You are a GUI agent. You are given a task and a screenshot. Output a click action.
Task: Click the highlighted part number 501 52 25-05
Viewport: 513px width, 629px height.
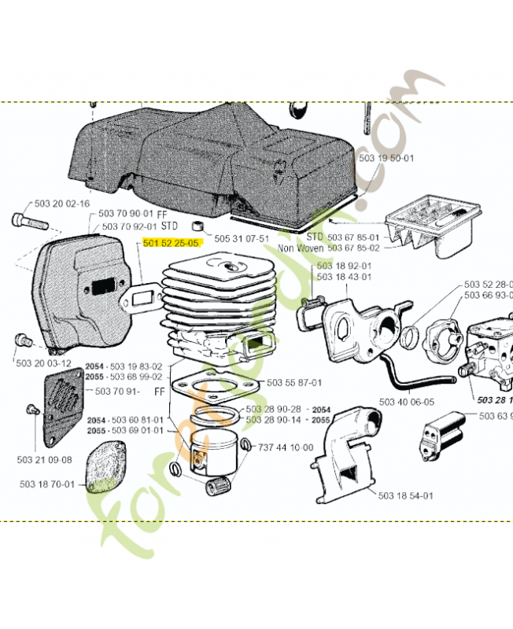171,244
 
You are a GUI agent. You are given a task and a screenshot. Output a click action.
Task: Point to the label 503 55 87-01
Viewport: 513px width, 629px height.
293,383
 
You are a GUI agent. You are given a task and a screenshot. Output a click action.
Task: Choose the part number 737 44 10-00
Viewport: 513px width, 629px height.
286,448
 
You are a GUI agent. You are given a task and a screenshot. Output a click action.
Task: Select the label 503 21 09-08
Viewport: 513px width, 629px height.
44,460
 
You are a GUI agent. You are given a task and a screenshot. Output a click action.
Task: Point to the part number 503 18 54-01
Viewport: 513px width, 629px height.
405,496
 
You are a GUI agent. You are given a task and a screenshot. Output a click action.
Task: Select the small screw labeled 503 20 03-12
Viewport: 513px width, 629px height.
21,340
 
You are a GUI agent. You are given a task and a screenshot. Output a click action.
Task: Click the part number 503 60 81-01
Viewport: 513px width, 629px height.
137,420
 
